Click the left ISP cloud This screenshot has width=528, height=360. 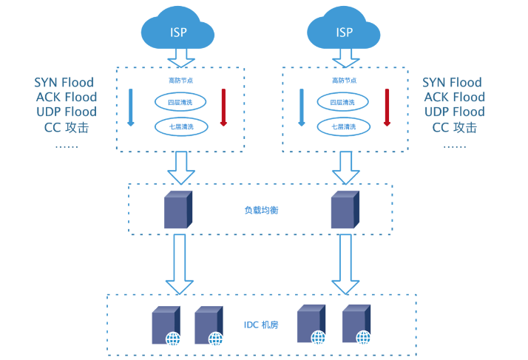click(x=177, y=30)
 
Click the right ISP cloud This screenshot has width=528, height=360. click(x=344, y=30)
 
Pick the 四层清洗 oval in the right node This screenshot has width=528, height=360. click(x=342, y=102)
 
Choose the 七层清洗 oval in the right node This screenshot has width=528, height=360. click(x=342, y=127)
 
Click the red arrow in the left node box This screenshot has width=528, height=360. click(x=223, y=107)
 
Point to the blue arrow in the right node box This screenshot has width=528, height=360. click(x=301, y=107)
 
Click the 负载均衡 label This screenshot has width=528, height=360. click(x=261, y=210)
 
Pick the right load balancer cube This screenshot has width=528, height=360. click(x=344, y=209)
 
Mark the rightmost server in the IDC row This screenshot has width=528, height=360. click(x=356, y=325)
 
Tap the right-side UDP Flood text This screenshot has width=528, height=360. click(x=454, y=112)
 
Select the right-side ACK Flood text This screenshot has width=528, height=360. click(x=454, y=97)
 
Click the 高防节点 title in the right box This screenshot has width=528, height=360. click(x=344, y=80)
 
